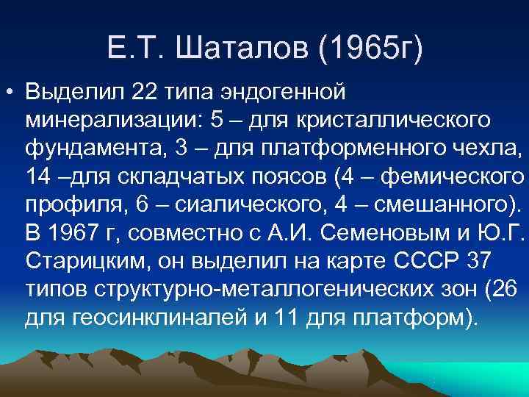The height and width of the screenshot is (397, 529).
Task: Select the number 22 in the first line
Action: (147, 94)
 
